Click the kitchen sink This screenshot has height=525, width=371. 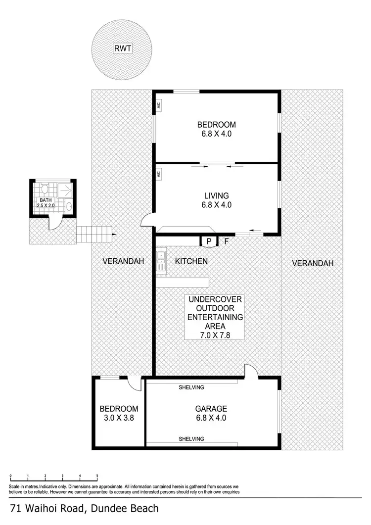coord(161,261)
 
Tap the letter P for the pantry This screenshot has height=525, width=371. coord(209,241)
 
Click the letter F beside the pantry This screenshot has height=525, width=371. coord(227,241)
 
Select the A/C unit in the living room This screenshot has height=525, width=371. coord(159,174)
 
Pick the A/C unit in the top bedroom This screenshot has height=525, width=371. coord(159,105)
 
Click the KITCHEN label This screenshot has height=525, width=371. coord(191,261)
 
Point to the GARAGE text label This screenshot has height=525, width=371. coord(211,409)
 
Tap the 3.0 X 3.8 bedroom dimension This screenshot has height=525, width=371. coord(119,417)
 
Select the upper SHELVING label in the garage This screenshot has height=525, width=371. coord(191,387)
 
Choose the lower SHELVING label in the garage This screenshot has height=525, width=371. coord(191,439)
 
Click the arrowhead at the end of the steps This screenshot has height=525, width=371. coord(115,234)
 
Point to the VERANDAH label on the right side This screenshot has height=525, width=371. coord(313,263)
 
